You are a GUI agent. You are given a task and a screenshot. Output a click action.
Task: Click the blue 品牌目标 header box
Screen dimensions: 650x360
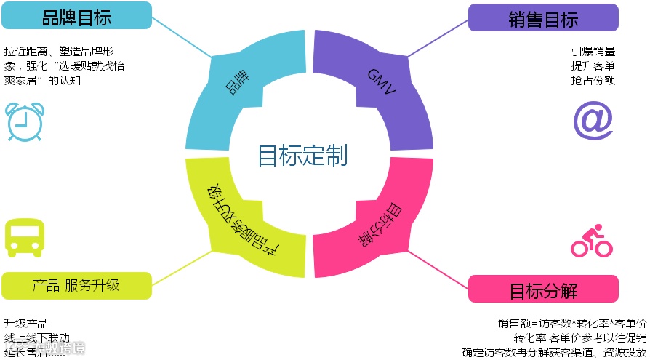[x=76, y=16]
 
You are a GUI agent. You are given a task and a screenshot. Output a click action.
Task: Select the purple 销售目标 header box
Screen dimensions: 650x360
[x=543, y=18]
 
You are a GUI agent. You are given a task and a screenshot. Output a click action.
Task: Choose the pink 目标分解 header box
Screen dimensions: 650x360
[x=543, y=290]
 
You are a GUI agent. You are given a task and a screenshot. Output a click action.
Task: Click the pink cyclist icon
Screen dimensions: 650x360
[x=591, y=241]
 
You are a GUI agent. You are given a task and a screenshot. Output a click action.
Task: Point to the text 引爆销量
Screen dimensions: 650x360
[x=593, y=52]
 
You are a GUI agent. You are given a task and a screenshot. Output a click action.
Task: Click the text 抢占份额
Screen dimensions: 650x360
[x=593, y=80]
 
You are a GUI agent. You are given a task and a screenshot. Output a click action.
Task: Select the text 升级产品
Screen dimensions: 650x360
[x=26, y=324]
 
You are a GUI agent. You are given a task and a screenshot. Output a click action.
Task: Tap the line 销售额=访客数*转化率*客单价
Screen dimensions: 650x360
[x=572, y=324]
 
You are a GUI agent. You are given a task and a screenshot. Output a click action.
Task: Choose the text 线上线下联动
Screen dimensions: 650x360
[x=37, y=337]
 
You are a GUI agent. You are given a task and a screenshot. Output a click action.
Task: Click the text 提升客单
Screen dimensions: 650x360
[x=593, y=65]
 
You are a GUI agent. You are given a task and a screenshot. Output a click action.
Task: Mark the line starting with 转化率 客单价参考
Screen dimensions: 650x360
[x=579, y=338]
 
